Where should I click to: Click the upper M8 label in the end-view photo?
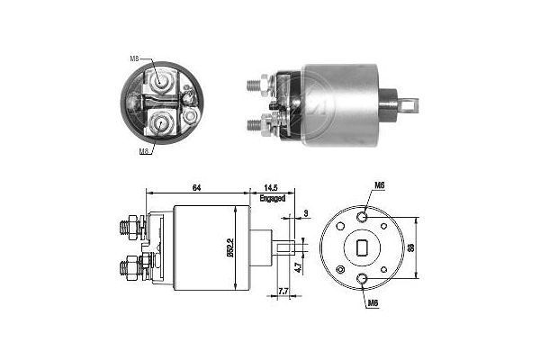pyautogui.click(x=134, y=59)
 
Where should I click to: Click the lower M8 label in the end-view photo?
pyautogui.click(x=144, y=152)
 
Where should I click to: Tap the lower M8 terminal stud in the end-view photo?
pyautogui.click(x=164, y=121)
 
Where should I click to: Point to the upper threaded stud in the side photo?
pyautogui.click(x=256, y=86)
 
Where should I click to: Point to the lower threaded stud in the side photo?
pyautogui.click(x=256, y=122)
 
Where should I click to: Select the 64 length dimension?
pyautogui.click(x=195, y=187)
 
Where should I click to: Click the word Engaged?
pyautogui.click(x=274, y=198)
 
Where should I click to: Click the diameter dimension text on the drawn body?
pyautogui.click(x=232, y=246)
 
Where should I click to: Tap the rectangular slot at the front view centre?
pyautogui.click(x=361, y=247)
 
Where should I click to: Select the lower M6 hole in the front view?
pyautogui.click(x=361, y=277)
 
